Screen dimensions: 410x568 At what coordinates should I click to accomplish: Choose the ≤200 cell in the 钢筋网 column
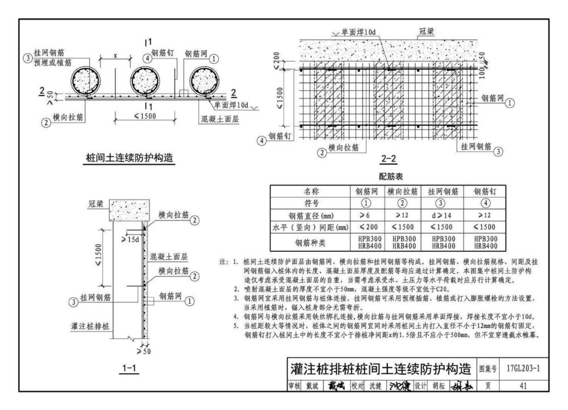tap(366, 229)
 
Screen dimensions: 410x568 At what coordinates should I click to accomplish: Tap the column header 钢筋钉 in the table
tap(485, 192)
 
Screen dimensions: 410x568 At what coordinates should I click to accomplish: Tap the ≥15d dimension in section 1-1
tap(130, 239)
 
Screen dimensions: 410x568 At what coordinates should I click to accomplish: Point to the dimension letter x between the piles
tap(115, 56)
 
